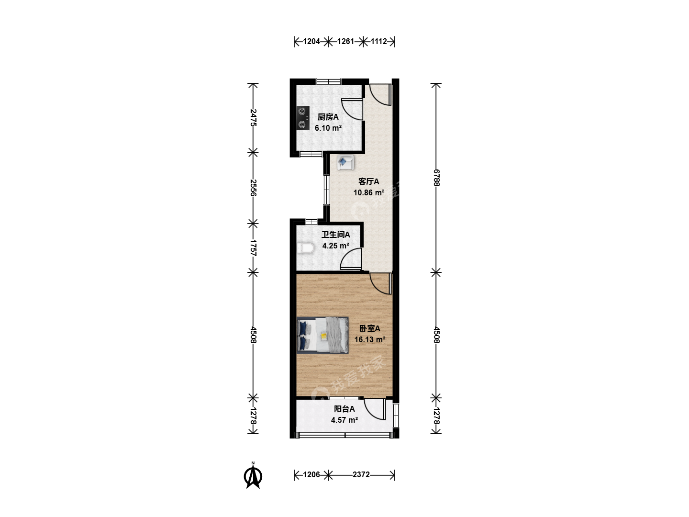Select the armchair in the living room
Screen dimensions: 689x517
coord(345,163)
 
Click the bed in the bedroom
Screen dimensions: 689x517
coord(322,335)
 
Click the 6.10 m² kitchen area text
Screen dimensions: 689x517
coord(328,128)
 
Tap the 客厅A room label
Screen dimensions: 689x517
coord(369,181)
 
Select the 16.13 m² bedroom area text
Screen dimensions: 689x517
coord(370,340)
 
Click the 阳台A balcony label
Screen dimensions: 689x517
coord(344,409)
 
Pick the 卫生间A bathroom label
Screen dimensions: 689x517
coord(335,235)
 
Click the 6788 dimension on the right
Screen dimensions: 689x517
coord(436,178)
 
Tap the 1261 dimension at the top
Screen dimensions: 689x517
coord(345,42)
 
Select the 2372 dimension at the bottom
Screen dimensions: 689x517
coord(361,474)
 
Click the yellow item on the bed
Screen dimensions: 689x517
coord(324,336)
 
